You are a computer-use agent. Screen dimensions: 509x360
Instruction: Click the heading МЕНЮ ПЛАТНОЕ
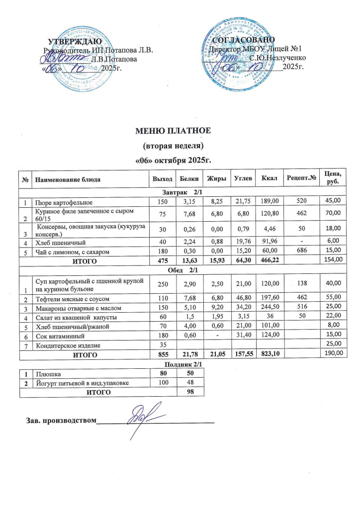coord(174,131)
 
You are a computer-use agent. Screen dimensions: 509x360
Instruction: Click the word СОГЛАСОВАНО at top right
coord(244,39)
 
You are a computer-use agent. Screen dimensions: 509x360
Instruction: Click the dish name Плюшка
coord(44,372)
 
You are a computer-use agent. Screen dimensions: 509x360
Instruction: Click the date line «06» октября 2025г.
coord(174,161)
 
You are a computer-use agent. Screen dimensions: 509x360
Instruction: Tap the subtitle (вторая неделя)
coord(174,146)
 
